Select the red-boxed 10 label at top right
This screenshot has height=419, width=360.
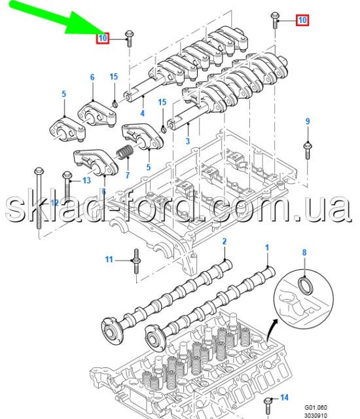coord(302,20)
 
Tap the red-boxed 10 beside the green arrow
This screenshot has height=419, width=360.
coord(103,38)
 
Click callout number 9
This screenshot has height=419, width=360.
coord(308,121)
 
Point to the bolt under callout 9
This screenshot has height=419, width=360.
coord(308,151)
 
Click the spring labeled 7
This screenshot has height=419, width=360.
coord(124,152)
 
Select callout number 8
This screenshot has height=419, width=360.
coord(304,253)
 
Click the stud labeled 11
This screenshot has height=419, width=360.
coord(136,261)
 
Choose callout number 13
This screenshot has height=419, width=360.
coord(86,181)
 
